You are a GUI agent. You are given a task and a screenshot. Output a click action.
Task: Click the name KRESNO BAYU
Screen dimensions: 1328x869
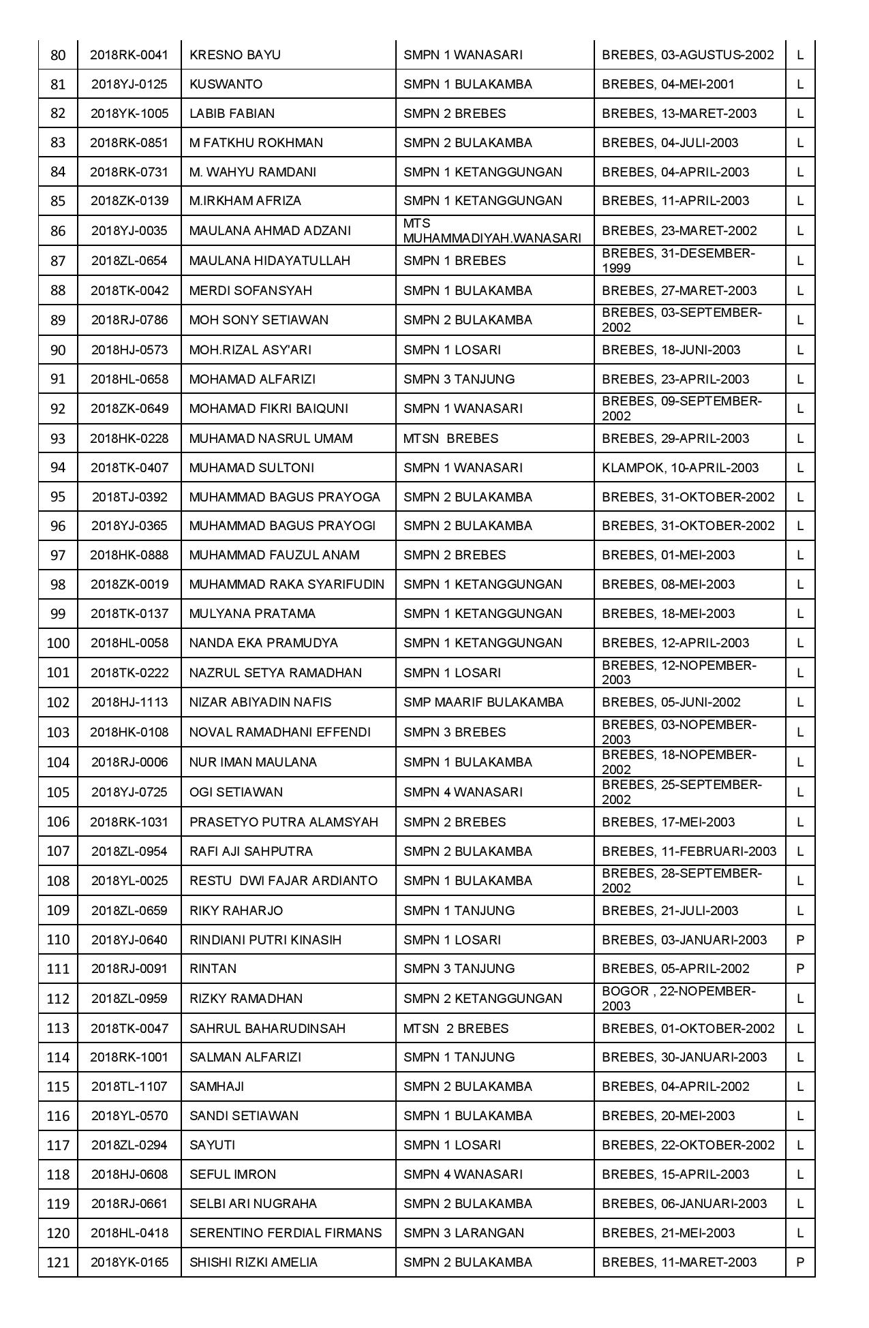coord(234,55)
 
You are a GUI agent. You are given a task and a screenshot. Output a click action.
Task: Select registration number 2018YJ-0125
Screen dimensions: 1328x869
coord(129,84)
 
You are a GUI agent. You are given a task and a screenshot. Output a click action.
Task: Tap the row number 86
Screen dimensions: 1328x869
coord(58,231)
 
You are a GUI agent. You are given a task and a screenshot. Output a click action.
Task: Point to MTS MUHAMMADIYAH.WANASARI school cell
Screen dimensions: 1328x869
coord(491,231)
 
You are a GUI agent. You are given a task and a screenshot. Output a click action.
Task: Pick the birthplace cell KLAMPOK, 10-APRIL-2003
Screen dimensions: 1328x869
coord(680,468)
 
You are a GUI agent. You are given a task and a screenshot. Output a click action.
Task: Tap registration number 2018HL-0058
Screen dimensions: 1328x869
coord(129,643)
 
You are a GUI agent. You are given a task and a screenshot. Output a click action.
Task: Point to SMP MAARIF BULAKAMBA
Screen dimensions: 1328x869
coord(483,702)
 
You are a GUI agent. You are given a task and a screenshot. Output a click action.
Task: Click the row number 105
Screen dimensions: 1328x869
coord(58,792)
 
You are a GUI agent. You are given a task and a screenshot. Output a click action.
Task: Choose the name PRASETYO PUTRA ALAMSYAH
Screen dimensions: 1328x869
coord(284,822)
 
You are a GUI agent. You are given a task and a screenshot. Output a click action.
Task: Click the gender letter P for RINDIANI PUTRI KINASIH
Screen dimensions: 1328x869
coord(800,940)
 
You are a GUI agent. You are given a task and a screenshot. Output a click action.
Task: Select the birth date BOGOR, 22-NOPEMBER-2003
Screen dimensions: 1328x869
coord(678,999)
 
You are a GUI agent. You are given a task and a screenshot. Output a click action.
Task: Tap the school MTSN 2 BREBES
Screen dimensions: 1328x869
coord(455,1028)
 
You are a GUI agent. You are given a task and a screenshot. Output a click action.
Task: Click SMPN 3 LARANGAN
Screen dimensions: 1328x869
coord(463,1233)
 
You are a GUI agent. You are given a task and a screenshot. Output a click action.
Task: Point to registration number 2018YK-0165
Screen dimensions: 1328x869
coord(129,1263)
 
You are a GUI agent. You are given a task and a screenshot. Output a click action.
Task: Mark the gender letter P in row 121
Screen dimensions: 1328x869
coord(800,1263)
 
